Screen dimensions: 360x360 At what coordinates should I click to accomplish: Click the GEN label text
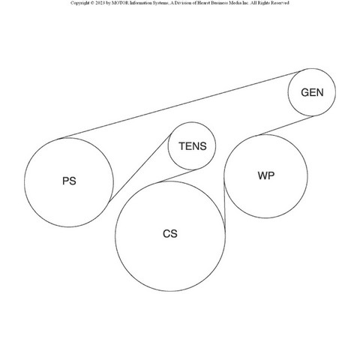pos(312,92)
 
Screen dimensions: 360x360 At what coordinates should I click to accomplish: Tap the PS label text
pos(69,181)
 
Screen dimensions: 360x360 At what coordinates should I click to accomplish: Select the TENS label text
pos(193,146)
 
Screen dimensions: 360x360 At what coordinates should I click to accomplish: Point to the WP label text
pos(266,175)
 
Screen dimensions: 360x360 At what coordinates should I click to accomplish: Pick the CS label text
pos(170,234)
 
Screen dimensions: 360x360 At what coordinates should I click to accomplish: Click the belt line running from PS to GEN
pos(182,105)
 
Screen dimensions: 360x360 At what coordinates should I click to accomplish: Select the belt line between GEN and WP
pos(286,125)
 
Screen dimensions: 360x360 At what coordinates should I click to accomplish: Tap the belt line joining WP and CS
pos(224,205)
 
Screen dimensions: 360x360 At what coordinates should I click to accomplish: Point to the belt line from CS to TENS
pos(178,176)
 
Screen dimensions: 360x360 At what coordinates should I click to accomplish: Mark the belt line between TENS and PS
pos(140,168)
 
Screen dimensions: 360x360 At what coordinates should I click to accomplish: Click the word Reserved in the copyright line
pos(280,3)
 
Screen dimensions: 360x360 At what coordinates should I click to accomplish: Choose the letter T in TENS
pos(181,146)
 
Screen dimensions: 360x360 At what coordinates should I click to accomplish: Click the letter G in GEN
pos(305,92)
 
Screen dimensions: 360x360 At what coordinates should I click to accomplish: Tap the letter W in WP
pos(262,175)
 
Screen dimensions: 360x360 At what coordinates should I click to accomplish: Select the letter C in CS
pos(166,234)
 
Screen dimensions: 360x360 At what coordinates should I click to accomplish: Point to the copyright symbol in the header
pos(92,3)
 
